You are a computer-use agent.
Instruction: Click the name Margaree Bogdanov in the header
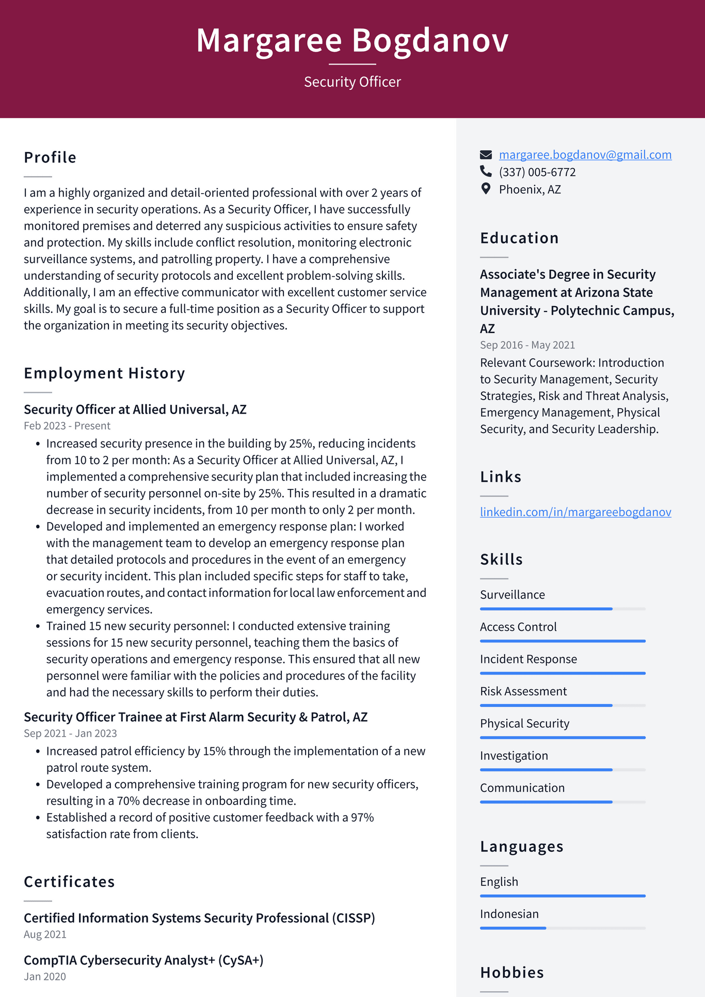[352, 40]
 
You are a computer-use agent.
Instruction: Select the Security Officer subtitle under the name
[352, 82]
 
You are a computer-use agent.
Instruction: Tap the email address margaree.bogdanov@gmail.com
[585, 155]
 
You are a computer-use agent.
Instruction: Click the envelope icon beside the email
[486, 155]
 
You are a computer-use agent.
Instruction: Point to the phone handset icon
[486, 171]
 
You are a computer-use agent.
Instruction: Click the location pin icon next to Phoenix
[486, 188]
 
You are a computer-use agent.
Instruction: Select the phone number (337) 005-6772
[537, 172]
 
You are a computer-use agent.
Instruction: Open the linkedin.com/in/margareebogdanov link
[575, 512]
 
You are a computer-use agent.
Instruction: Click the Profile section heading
[50, 157]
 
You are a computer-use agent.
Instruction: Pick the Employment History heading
[104, 373]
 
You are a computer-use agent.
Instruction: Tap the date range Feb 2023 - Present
[67, 426]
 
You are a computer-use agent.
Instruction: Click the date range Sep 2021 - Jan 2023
[70, 734]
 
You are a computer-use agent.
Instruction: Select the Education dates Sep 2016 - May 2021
[527, 345]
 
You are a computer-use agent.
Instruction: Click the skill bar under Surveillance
[563, 609]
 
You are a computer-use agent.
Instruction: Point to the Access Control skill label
[518, 627]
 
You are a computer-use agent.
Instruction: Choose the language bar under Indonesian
[563, 928]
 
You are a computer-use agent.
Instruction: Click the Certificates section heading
[69, 882]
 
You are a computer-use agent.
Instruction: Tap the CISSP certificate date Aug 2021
[45, 935]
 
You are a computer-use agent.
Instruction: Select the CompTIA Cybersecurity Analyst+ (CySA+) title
[143, 960]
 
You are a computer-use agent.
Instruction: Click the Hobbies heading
[512, 973]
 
